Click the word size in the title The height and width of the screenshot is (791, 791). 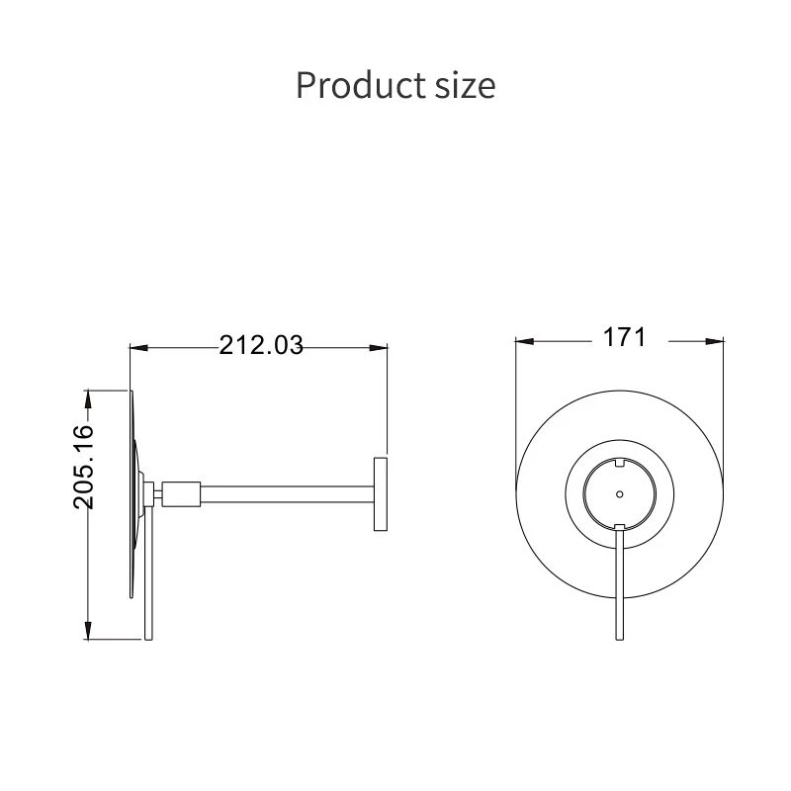[465, 87]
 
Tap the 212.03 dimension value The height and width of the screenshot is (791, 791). [261, 345]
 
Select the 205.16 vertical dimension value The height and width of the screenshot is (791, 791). [84, 467]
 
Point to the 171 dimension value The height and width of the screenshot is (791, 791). [624, 337]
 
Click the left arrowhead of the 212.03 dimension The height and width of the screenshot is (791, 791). [138, 348]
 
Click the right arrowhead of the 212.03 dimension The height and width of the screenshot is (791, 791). [379, 348]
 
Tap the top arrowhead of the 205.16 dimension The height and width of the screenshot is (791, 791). [88, 398]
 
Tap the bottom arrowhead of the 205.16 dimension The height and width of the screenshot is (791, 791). [88, 631]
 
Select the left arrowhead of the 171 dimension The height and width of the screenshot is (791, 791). [525, 341]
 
